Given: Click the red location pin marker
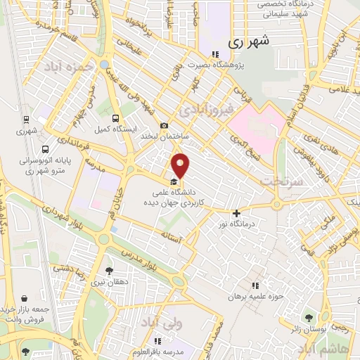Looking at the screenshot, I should tap(181, 165).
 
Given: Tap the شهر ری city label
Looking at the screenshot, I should tap(247, 41).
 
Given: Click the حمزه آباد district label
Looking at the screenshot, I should tap(68, 66).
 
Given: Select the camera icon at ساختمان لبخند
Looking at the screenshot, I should tap(165, 126).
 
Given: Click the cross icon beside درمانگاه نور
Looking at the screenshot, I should tap(236, 213).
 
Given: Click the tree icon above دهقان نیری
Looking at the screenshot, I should tap(108, 270).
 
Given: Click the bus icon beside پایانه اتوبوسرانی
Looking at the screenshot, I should tap(46, 149).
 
